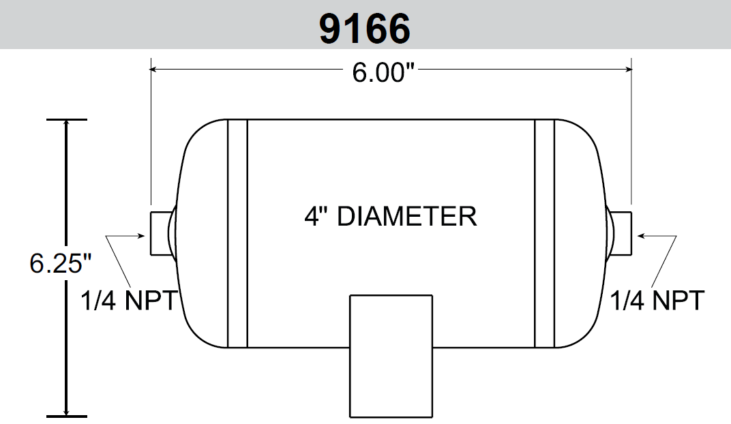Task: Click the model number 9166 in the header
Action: (x=365, y=29)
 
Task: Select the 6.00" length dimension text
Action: (x=383, y=73)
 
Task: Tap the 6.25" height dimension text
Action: (x=61, y=263)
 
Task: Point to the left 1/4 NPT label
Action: (x=129, y=300)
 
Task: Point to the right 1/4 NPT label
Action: (x=657, y=300)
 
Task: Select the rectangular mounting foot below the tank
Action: (x=391, y=356)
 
